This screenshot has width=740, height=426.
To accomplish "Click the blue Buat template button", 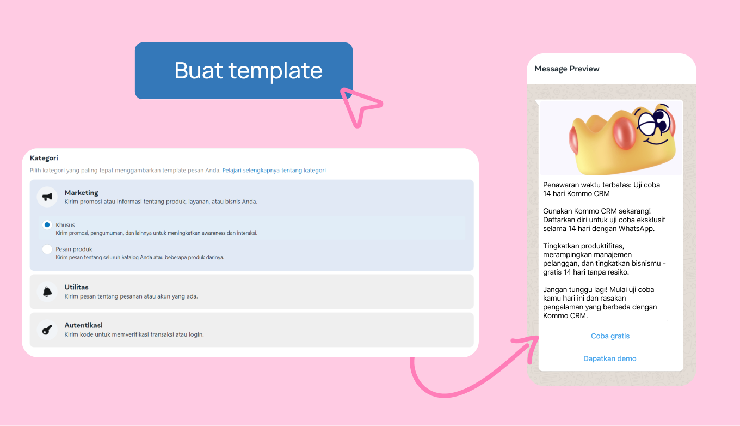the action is coord(243,70).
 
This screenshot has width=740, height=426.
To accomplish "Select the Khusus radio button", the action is coord(47,225).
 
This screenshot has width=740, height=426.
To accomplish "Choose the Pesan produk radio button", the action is coord(47,249).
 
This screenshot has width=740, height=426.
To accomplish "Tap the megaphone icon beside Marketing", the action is coord(47,197).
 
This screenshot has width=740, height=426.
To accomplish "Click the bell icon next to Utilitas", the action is coord(47,292).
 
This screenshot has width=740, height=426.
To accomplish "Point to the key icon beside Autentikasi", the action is coord(47,330).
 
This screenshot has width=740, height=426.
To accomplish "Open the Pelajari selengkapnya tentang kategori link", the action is coord(274,170).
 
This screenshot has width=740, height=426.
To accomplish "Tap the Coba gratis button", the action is coord(610,336).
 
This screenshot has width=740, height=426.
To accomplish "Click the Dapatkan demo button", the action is coord(610,358).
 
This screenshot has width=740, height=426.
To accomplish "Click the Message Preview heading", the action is coord(566,69).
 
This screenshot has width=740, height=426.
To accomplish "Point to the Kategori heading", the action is coord(44,158).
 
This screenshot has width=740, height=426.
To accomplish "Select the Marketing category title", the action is coord(81,192).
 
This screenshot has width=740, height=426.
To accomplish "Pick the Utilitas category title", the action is coord(76,287).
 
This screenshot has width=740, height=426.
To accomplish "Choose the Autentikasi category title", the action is coord(83,325).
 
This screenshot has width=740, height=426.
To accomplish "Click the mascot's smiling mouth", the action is coord(656,141).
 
